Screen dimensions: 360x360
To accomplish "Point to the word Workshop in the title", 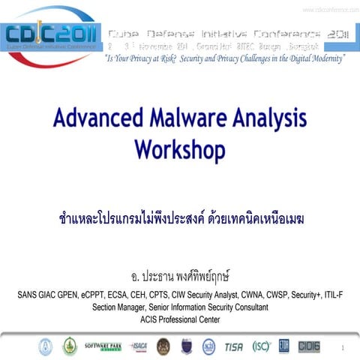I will [x=179, y=149].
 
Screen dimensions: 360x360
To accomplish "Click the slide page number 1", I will [x=341, y=348].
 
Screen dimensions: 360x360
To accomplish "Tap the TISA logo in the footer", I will [x=233, y=346].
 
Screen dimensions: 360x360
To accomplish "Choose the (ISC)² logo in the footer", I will [x=260, y=346].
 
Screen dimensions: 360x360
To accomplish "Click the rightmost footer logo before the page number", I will [x=309, y=346].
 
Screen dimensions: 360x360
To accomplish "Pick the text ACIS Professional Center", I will [x=180, y=319].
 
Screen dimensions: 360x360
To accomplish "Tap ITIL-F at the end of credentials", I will [x=331, y=295].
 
